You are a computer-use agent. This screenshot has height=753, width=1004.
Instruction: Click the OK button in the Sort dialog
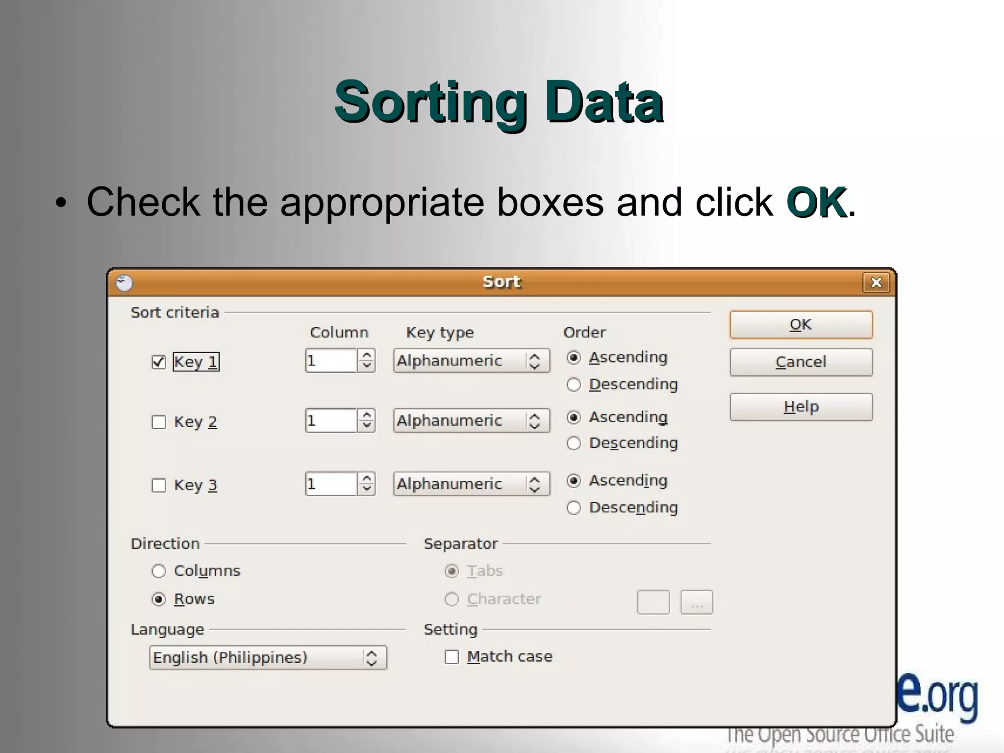tap(801, 325)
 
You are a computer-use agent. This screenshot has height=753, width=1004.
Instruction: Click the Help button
tap(801, 407)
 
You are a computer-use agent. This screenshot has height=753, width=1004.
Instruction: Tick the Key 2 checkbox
tap(158, 422)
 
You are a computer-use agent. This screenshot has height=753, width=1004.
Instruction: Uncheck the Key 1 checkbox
tap(158, 362)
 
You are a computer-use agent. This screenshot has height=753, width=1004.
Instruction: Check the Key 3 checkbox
tap(158, 485)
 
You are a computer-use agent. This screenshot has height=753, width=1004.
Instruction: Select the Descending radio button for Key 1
tap(574, 384)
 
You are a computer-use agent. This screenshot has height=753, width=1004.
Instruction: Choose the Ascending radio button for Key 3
tap(574, 481)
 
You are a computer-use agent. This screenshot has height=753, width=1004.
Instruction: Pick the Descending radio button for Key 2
tap(574, 443)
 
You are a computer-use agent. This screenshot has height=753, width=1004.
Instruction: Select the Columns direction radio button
tap(158, 571)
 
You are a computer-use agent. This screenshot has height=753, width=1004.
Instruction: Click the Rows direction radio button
tap(158, 599)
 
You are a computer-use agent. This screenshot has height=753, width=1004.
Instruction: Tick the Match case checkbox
tap(452, 657)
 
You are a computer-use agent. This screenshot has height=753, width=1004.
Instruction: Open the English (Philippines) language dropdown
tap(268, 658)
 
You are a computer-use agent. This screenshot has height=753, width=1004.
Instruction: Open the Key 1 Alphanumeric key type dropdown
tap(471, 361)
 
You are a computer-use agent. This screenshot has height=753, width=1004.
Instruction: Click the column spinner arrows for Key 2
tap(366, 421)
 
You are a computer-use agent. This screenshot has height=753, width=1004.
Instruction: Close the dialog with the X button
tap(876, 283)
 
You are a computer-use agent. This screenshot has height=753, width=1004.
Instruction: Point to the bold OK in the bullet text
tap(816, 202)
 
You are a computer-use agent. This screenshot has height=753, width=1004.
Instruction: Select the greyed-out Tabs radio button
tap(452, 571)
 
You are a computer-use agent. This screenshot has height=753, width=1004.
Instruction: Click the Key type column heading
tap(440, 333)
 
